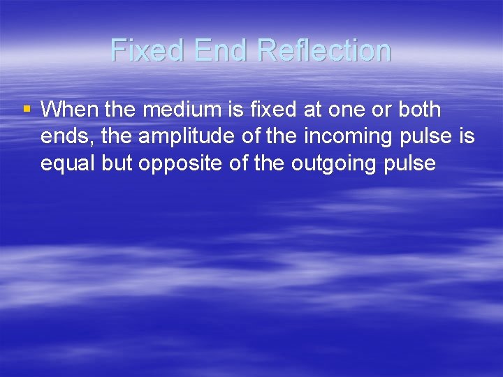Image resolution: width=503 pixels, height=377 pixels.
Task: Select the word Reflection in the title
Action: tap(324, 50)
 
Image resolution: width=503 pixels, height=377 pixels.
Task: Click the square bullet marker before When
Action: tap(27, 109)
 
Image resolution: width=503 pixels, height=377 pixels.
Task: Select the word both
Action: tap(418, 110)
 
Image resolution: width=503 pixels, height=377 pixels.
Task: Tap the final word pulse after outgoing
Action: tap(410, 164)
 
